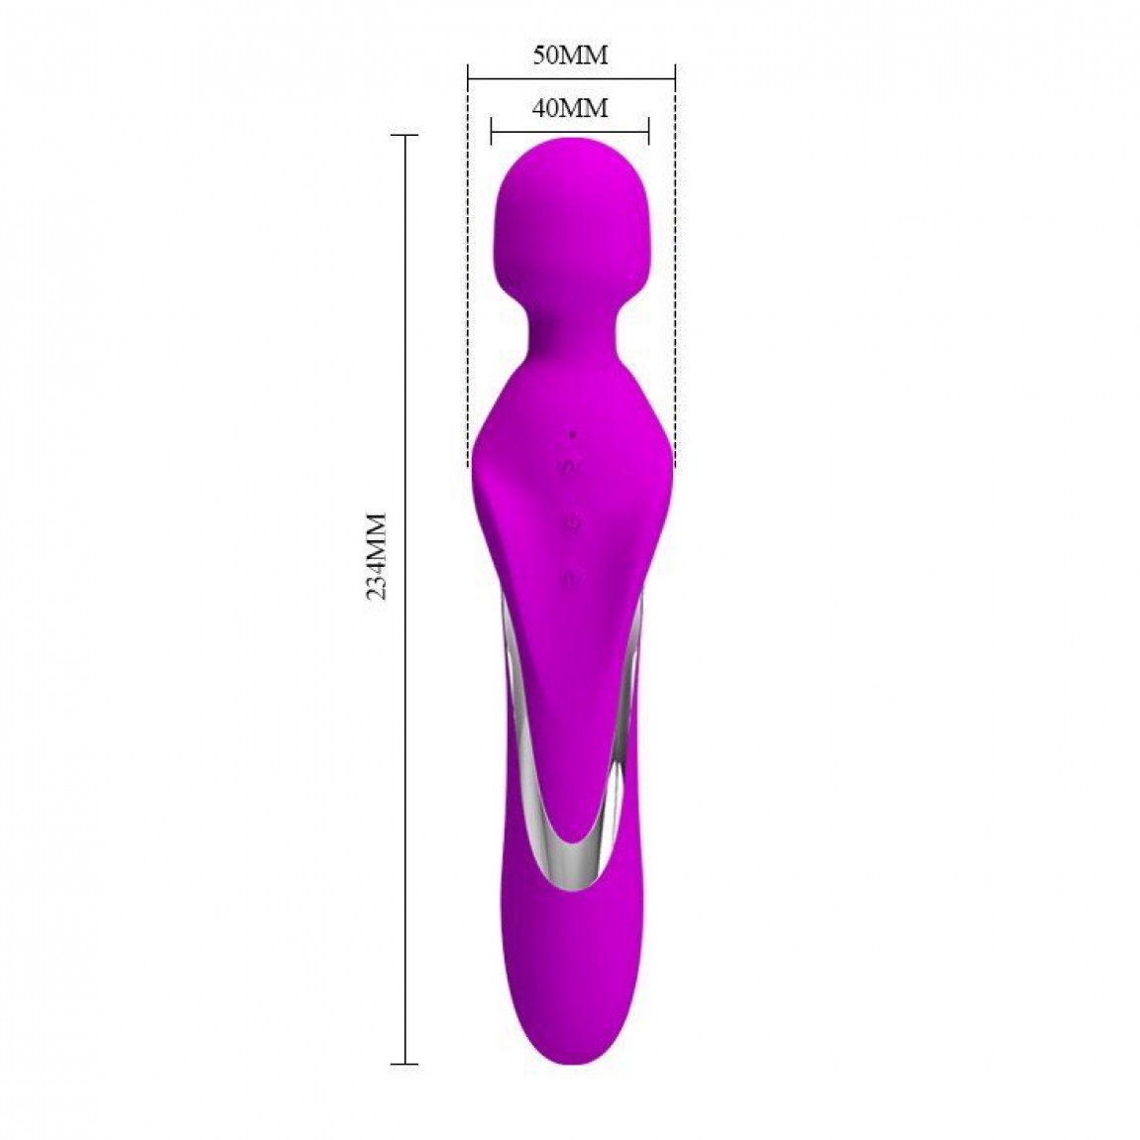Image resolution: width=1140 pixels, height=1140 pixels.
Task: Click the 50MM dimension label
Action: (x=570, y=55)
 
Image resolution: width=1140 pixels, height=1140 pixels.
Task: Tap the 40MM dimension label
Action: (x=570, y=108)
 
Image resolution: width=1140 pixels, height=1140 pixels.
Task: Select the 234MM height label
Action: (x=377, y=556)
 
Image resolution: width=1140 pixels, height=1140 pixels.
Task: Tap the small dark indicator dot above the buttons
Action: (x=572, y=435)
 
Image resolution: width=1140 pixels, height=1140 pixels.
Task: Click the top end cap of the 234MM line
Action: (x=404, y=135)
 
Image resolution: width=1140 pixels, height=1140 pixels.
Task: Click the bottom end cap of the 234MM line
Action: (x=404, y=1065)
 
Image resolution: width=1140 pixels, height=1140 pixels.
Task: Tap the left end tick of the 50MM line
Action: (x=468, y=72)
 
